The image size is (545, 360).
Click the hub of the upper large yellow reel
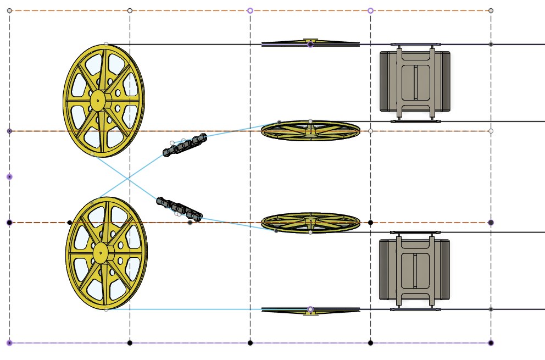coord(98,99)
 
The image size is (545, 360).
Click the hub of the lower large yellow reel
coord(100,253)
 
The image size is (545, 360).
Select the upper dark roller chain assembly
coord(185,144)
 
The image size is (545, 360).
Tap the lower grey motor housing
coord(415,270)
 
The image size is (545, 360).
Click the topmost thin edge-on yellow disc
coord(310,43)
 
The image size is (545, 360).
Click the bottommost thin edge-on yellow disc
coord(310,311)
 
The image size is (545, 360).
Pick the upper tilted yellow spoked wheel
coord(310,130)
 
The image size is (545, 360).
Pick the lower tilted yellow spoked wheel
coord(310,221)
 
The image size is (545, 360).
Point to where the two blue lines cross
coord(128,179)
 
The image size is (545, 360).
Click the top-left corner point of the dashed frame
coord(9,10)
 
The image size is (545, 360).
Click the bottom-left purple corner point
coord(9,343)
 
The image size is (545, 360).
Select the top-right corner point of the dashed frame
coord(491,10)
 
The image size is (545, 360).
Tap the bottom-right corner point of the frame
coord(491,343)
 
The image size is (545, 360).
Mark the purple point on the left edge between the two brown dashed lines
coord(9,176)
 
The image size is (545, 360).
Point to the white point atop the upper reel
coord(106,44)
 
